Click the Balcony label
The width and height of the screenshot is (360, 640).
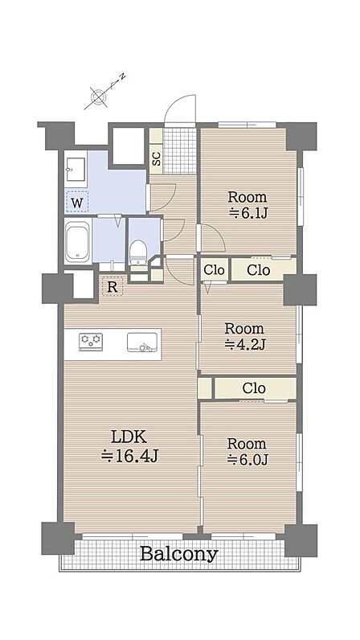178,554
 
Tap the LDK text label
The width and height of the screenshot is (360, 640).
129,437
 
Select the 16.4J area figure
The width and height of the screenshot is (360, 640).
129,456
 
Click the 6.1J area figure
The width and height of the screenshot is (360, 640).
247,213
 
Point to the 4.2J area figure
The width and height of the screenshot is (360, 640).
245,345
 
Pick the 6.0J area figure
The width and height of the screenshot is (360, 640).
247,460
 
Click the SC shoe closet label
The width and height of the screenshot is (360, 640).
157,158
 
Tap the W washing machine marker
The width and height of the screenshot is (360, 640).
77,202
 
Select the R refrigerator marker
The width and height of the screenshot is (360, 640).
112,287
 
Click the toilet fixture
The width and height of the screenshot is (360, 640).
138,252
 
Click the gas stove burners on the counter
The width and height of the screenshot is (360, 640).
91,341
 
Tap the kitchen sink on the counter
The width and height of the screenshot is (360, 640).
142,342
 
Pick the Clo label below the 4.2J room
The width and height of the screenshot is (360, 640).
254,388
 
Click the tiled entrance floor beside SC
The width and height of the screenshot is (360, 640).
179,151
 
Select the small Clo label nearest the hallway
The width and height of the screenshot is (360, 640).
214,270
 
